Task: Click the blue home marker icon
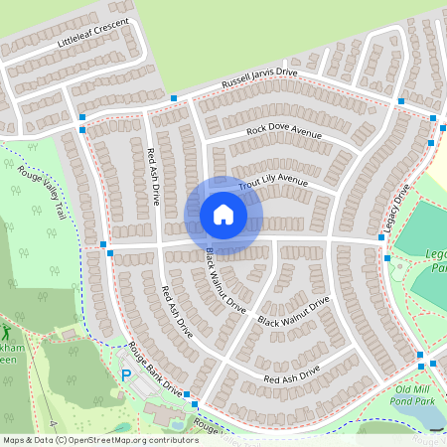(223, 215)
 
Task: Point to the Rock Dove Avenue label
(284, 131)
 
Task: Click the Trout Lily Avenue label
(273, 182)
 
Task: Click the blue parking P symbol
(126, 374)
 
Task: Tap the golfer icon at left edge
(4, 332)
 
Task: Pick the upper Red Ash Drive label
(153, 177)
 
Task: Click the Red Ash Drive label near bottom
(291, 374)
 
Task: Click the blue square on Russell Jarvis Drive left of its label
(174, 97)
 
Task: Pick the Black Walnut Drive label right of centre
(293, 312)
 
